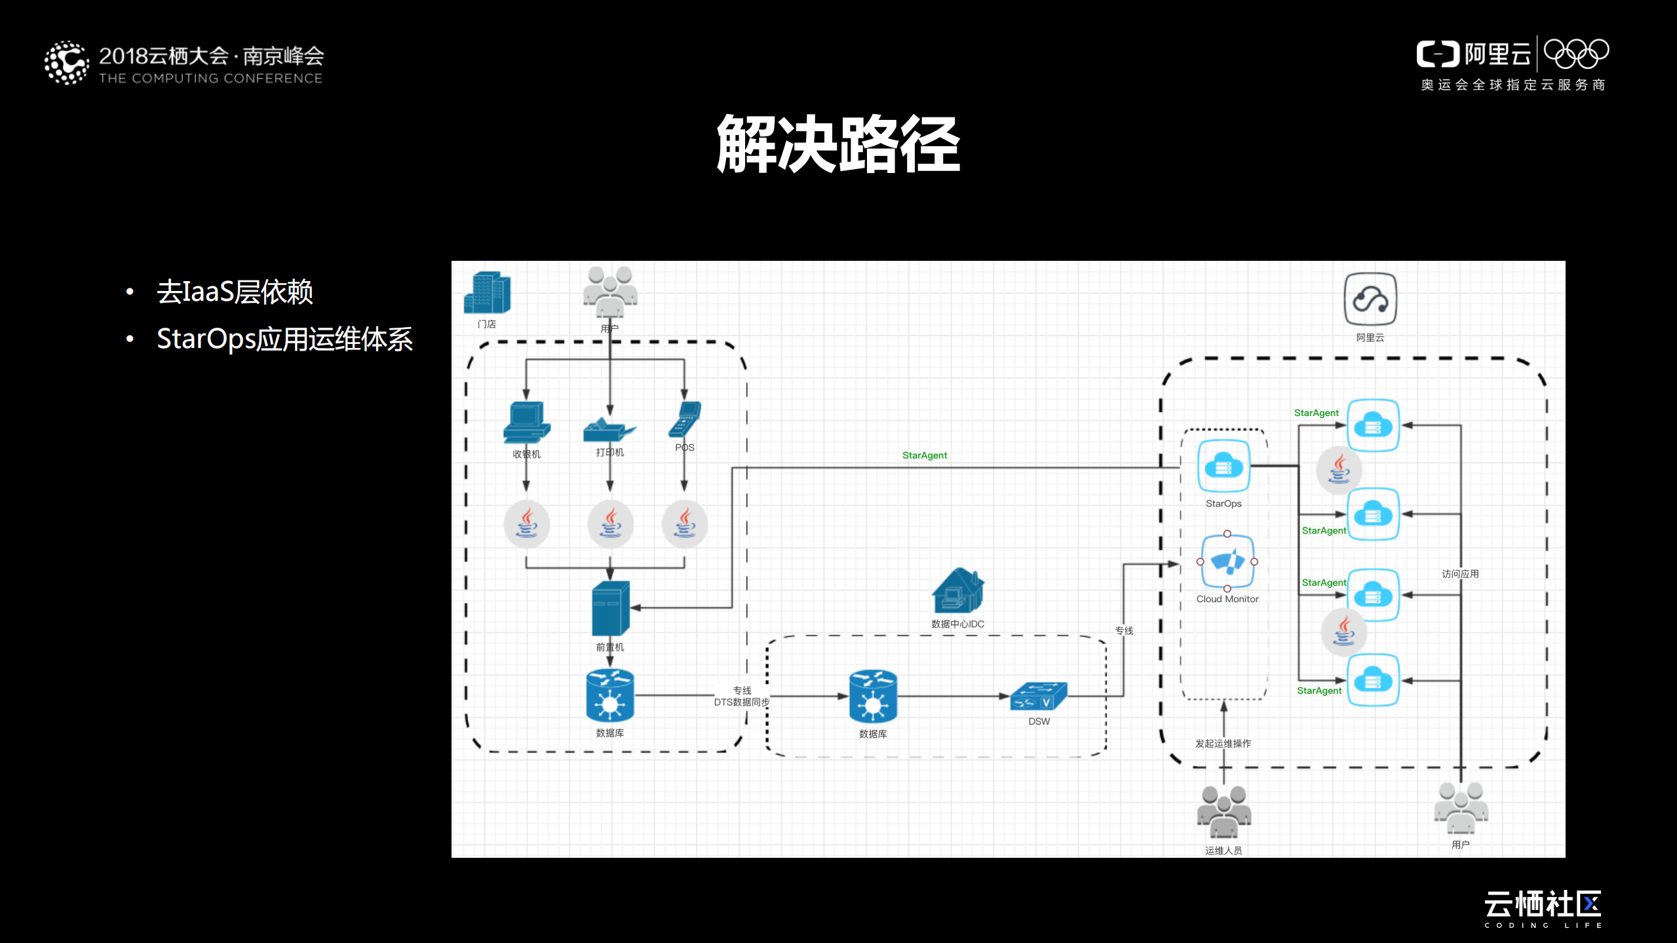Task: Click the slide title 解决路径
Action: pos(838,144)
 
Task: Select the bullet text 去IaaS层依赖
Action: pos(235,292)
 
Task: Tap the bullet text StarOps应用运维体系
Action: pos(284,339)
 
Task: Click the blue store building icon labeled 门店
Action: pos(487,293)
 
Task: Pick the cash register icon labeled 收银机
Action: pos(526,423)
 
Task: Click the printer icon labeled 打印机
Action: pos(609,428)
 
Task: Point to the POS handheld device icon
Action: pos(685,420)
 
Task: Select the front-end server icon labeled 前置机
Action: pos(610,608)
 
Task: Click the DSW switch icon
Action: pos(1039,697)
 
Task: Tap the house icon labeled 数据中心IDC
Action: pos(957,590)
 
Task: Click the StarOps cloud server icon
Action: pos(1224,467)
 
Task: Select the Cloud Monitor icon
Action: pos(1227,562)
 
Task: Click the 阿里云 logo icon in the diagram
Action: pos(1370,299)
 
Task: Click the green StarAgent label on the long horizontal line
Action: pos(924,455)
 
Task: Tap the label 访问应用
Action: pos(1460,574)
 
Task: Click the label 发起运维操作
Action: pos(1223,744)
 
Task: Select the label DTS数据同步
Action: pos(741,702)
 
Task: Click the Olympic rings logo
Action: pos(1576,54)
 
